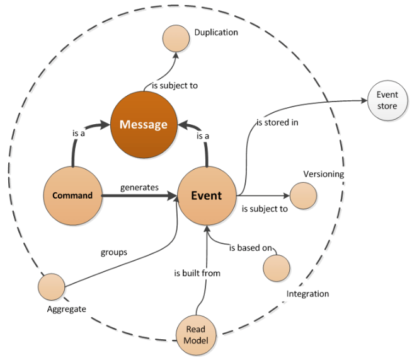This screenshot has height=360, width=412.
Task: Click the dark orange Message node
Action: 144,124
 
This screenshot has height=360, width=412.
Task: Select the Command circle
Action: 72,195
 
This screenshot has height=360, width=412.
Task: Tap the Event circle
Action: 206,195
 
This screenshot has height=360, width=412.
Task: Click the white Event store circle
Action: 387,100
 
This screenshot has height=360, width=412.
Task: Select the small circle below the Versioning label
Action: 302,195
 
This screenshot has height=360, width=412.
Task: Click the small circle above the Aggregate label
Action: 51,287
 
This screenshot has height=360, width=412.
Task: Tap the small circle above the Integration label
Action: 276,268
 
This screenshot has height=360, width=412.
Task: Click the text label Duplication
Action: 216,32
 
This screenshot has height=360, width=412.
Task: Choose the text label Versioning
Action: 323,174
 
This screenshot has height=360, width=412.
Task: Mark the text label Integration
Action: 307,294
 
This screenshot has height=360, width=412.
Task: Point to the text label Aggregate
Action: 66,309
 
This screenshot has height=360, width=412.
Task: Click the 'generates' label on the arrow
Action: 139,187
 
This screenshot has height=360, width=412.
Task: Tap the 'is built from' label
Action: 197,274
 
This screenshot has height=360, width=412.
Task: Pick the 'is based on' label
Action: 250,248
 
